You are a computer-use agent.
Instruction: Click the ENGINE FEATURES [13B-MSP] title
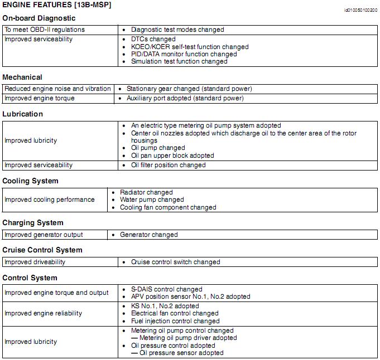57,5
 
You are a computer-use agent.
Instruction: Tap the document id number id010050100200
360,11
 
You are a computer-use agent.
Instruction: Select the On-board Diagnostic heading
39,18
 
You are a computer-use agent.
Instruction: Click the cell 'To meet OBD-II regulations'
45,30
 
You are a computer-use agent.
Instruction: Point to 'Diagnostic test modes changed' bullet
177,30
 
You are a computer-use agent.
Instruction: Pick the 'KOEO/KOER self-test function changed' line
190,47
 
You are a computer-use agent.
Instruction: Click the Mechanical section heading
22,77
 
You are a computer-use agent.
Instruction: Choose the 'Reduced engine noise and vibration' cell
57,89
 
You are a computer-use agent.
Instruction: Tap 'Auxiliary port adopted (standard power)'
185,98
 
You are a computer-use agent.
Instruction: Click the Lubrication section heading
22,114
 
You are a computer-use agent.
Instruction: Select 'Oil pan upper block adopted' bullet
172,155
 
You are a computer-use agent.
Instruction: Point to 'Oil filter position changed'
168,165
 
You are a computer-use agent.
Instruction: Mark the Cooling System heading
30,181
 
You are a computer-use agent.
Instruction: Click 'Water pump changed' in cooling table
152,200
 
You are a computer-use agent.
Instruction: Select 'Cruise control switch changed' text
175,262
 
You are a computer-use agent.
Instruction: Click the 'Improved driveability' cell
35,262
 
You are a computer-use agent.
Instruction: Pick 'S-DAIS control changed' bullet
166,289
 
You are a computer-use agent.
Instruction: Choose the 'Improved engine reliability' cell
43,313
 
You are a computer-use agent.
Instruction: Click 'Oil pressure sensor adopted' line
181,353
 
